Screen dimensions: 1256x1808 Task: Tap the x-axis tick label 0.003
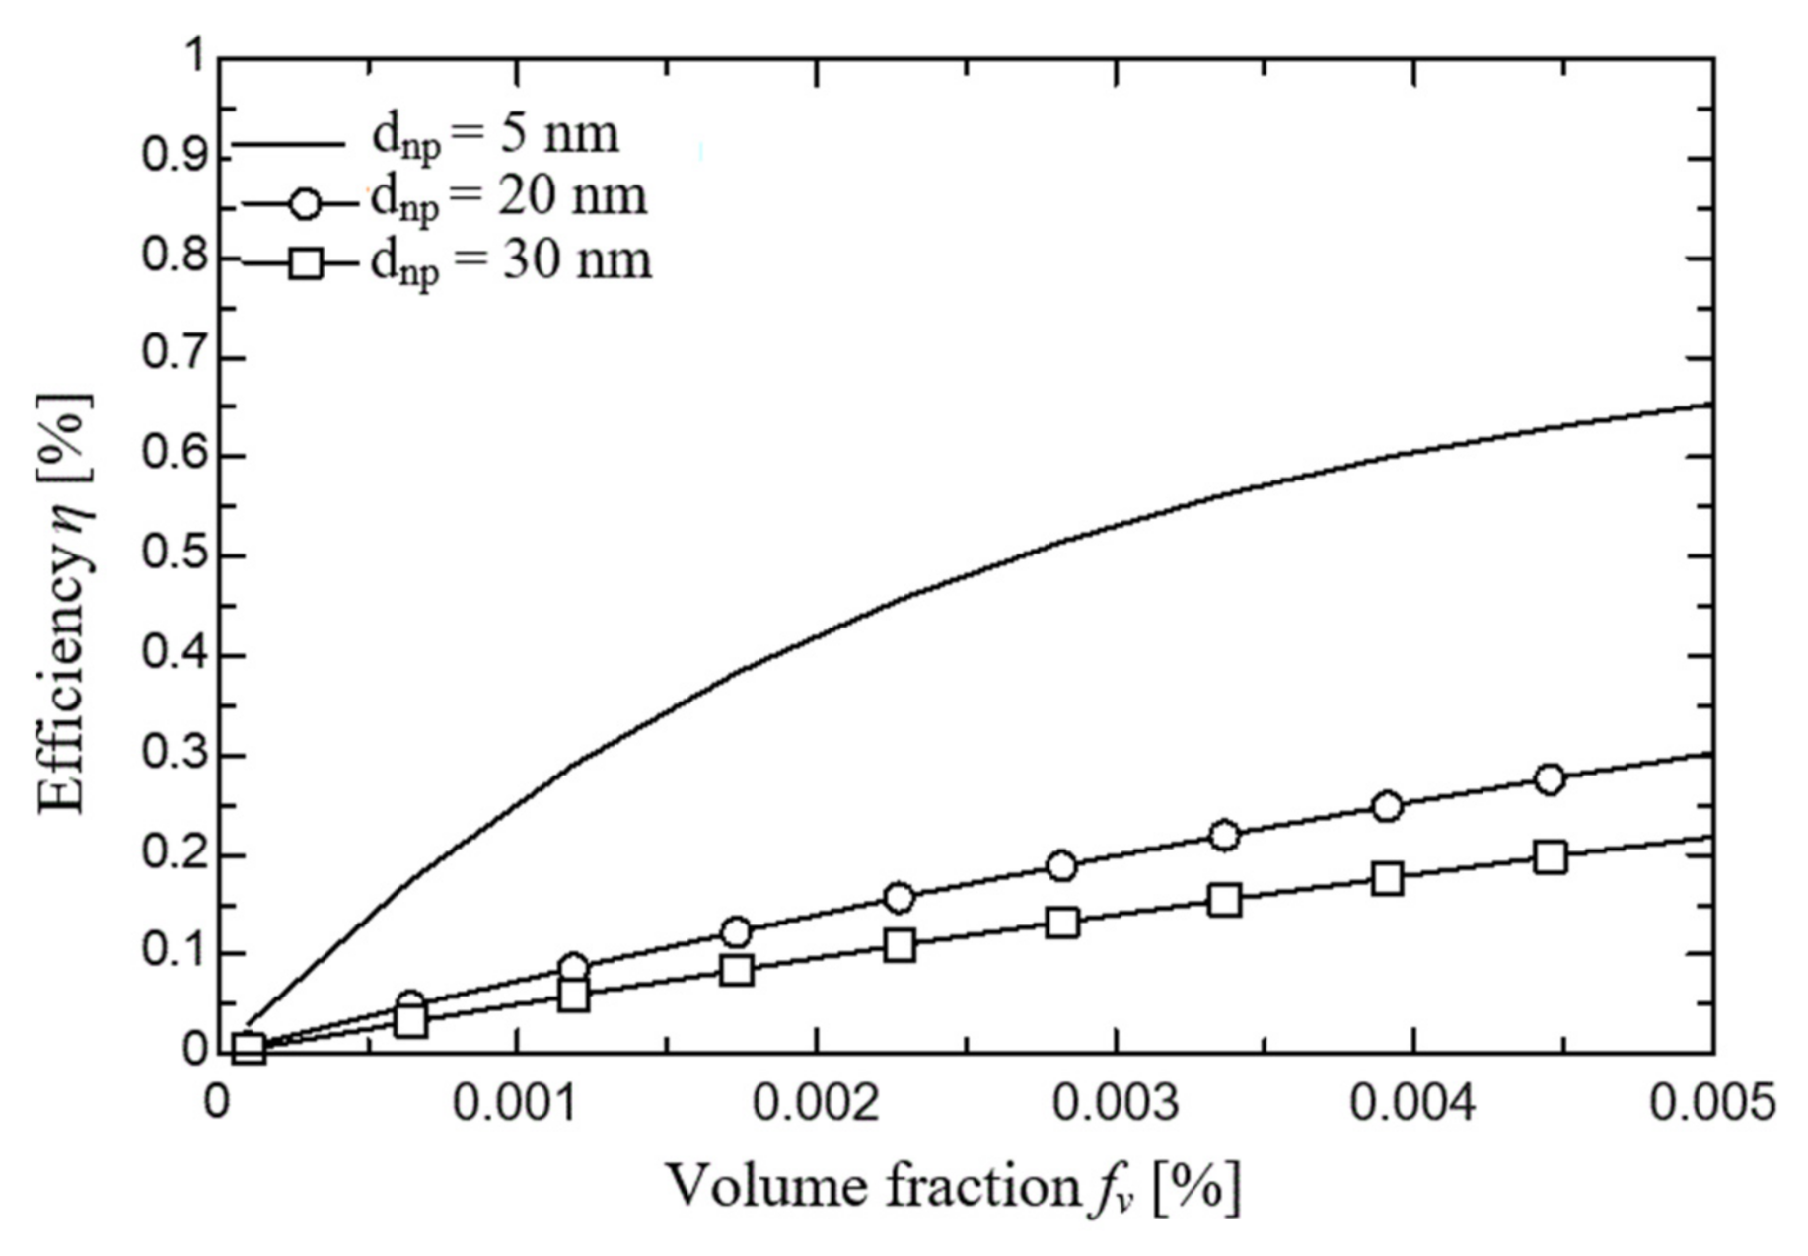pos(1115,1104)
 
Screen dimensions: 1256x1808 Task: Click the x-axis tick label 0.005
pos(1712,1104)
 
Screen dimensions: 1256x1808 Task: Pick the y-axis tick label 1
pos(193,57)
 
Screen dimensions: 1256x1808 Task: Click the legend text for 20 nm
pos(508,197)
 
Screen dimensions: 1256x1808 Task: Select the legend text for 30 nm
pos(511,261)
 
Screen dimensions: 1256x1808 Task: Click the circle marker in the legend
pos(306,204)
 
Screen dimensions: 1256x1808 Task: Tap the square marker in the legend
pos(306,264)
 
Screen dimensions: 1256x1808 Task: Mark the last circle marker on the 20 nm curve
pos(1550,779)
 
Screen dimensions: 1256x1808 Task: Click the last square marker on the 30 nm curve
pos(1551,857)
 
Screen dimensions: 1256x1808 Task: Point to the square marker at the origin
pos(249,1048)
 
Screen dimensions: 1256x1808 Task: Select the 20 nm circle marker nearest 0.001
pos(574,967)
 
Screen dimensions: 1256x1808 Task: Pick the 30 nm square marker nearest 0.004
pos(1388,878)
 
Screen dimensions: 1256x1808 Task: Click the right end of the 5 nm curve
pos(1710,404)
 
